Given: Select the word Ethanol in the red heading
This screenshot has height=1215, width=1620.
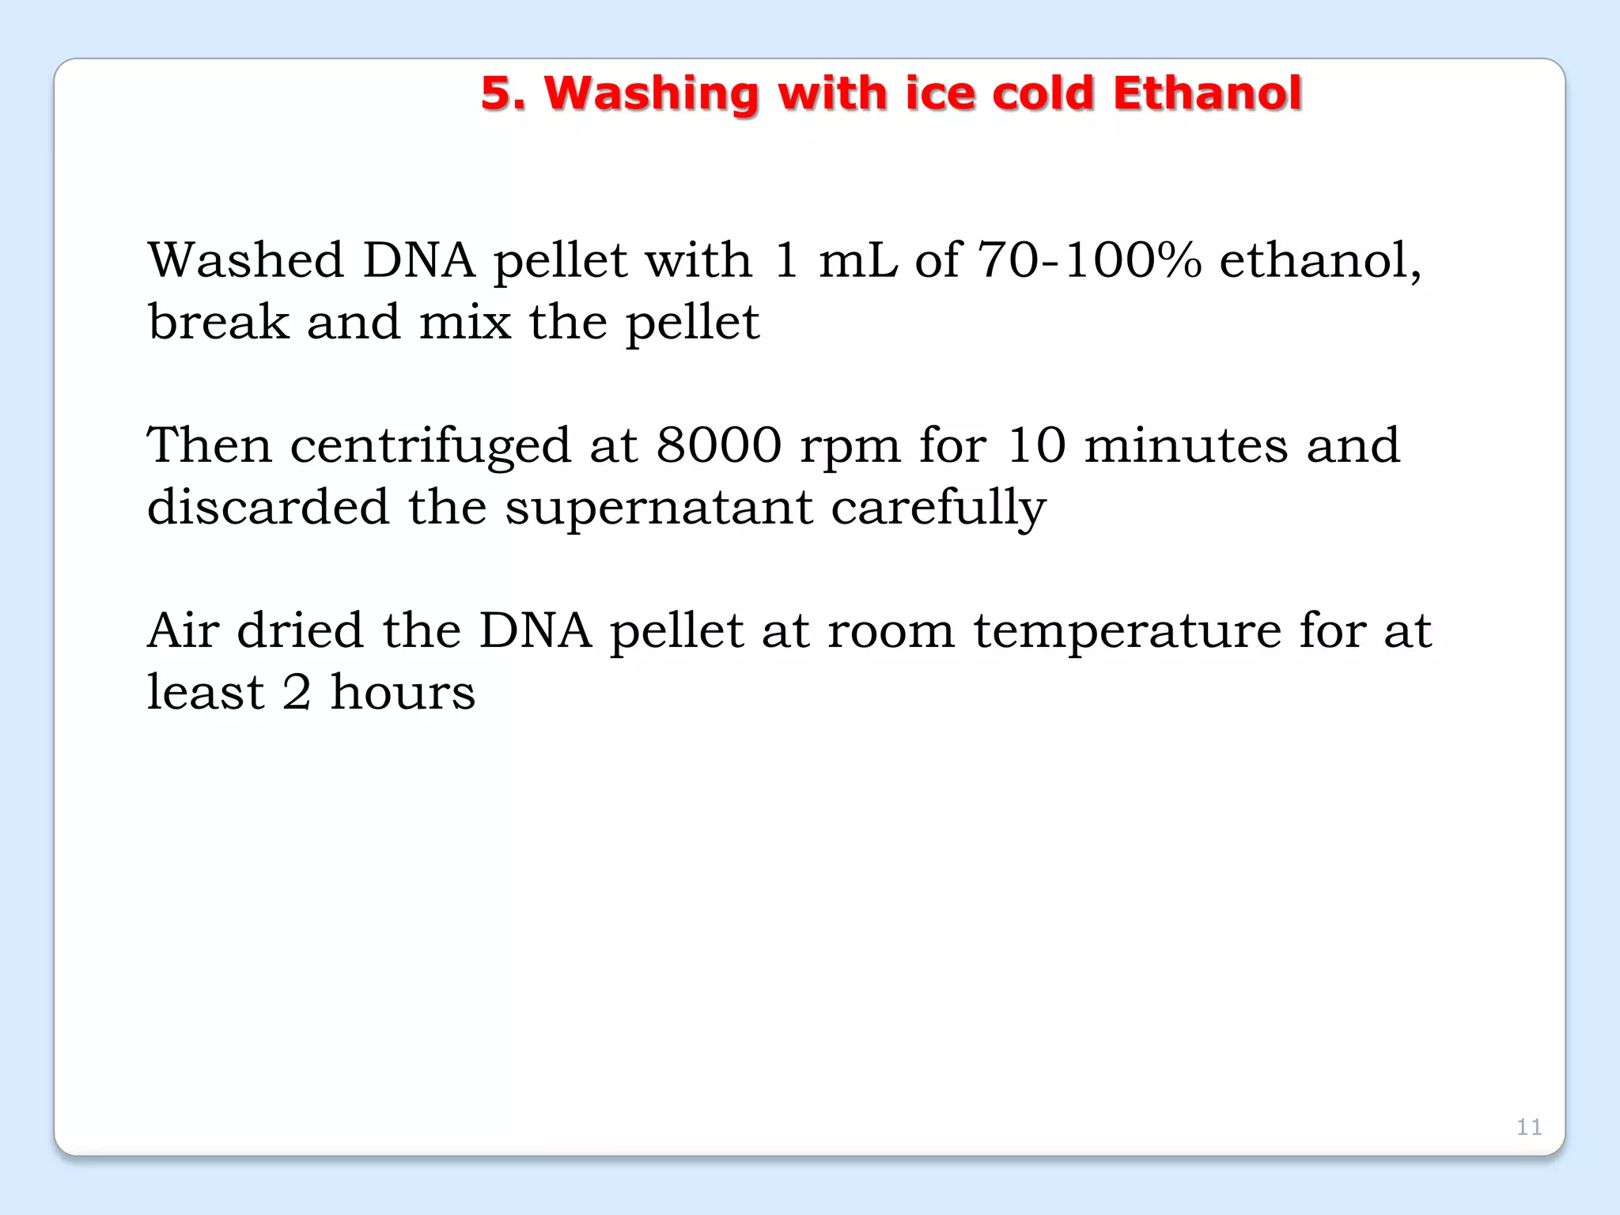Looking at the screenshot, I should pyautogui.click(x=1206, y=93).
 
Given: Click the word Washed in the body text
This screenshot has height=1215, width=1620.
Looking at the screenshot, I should pyautogui.click(x=246, y=260).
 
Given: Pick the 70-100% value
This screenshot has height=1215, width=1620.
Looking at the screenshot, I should pyautogui.click(x=1089, y=260).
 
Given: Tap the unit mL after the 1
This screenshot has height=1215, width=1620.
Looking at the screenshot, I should pyautogui.click(x=857, y=260).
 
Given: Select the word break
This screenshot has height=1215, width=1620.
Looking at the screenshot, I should pyautogui.click(x=218, y=322).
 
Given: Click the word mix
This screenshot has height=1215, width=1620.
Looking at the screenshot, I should pyautogui.click(x=465, y=322).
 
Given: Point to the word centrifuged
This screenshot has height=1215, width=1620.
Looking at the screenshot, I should pyautogui.click(x=430, y=446).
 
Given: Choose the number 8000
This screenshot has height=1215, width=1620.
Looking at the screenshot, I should pyautogui.click(x=719, y=445).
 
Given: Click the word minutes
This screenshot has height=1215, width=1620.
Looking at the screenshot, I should pyautogui.click(x=1186, y=445).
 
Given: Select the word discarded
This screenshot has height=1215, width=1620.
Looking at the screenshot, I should pyautogui.click(x=268, y=507).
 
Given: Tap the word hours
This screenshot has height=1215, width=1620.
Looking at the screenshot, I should pyautogui.click(x=403, y=692).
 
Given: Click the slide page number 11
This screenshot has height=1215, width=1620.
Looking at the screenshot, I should pyautogui.click(x=1529, y=1126).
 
